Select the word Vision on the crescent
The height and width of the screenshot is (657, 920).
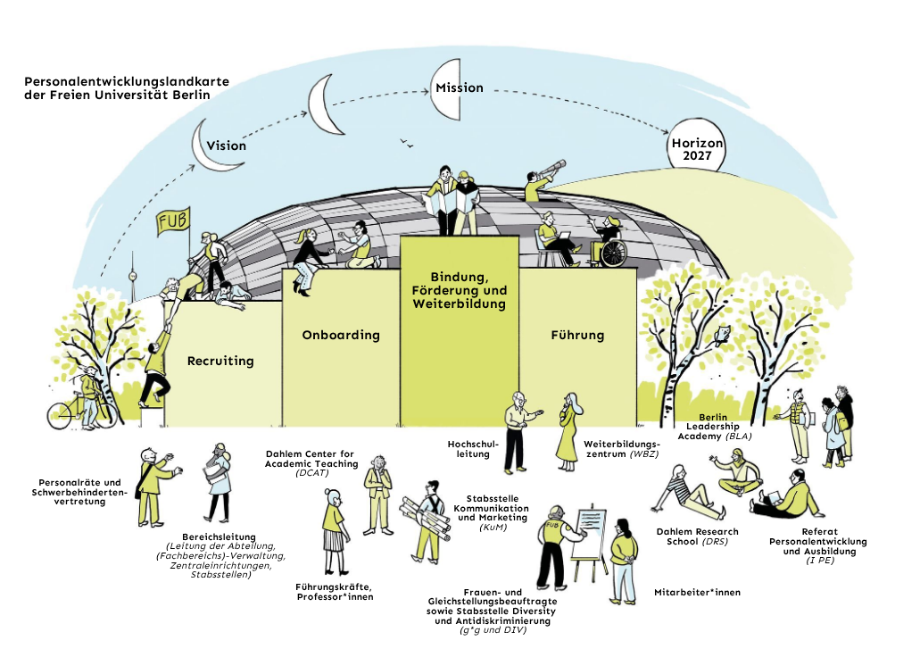point(226,146)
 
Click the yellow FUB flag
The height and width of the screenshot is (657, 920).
point(172,221)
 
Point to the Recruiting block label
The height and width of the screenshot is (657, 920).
point(220,362)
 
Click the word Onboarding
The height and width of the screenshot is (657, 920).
point(340,336)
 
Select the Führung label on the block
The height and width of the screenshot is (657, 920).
point(577,336)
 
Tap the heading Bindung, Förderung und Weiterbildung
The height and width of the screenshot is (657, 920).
point(459,290)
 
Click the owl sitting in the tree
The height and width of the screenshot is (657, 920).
point(724,335)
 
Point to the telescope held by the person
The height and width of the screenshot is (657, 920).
point(547,170)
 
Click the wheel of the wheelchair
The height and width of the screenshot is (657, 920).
point(613,254)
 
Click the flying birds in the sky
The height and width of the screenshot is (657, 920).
point(408,142)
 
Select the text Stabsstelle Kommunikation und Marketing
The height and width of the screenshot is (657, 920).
point(498,513)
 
